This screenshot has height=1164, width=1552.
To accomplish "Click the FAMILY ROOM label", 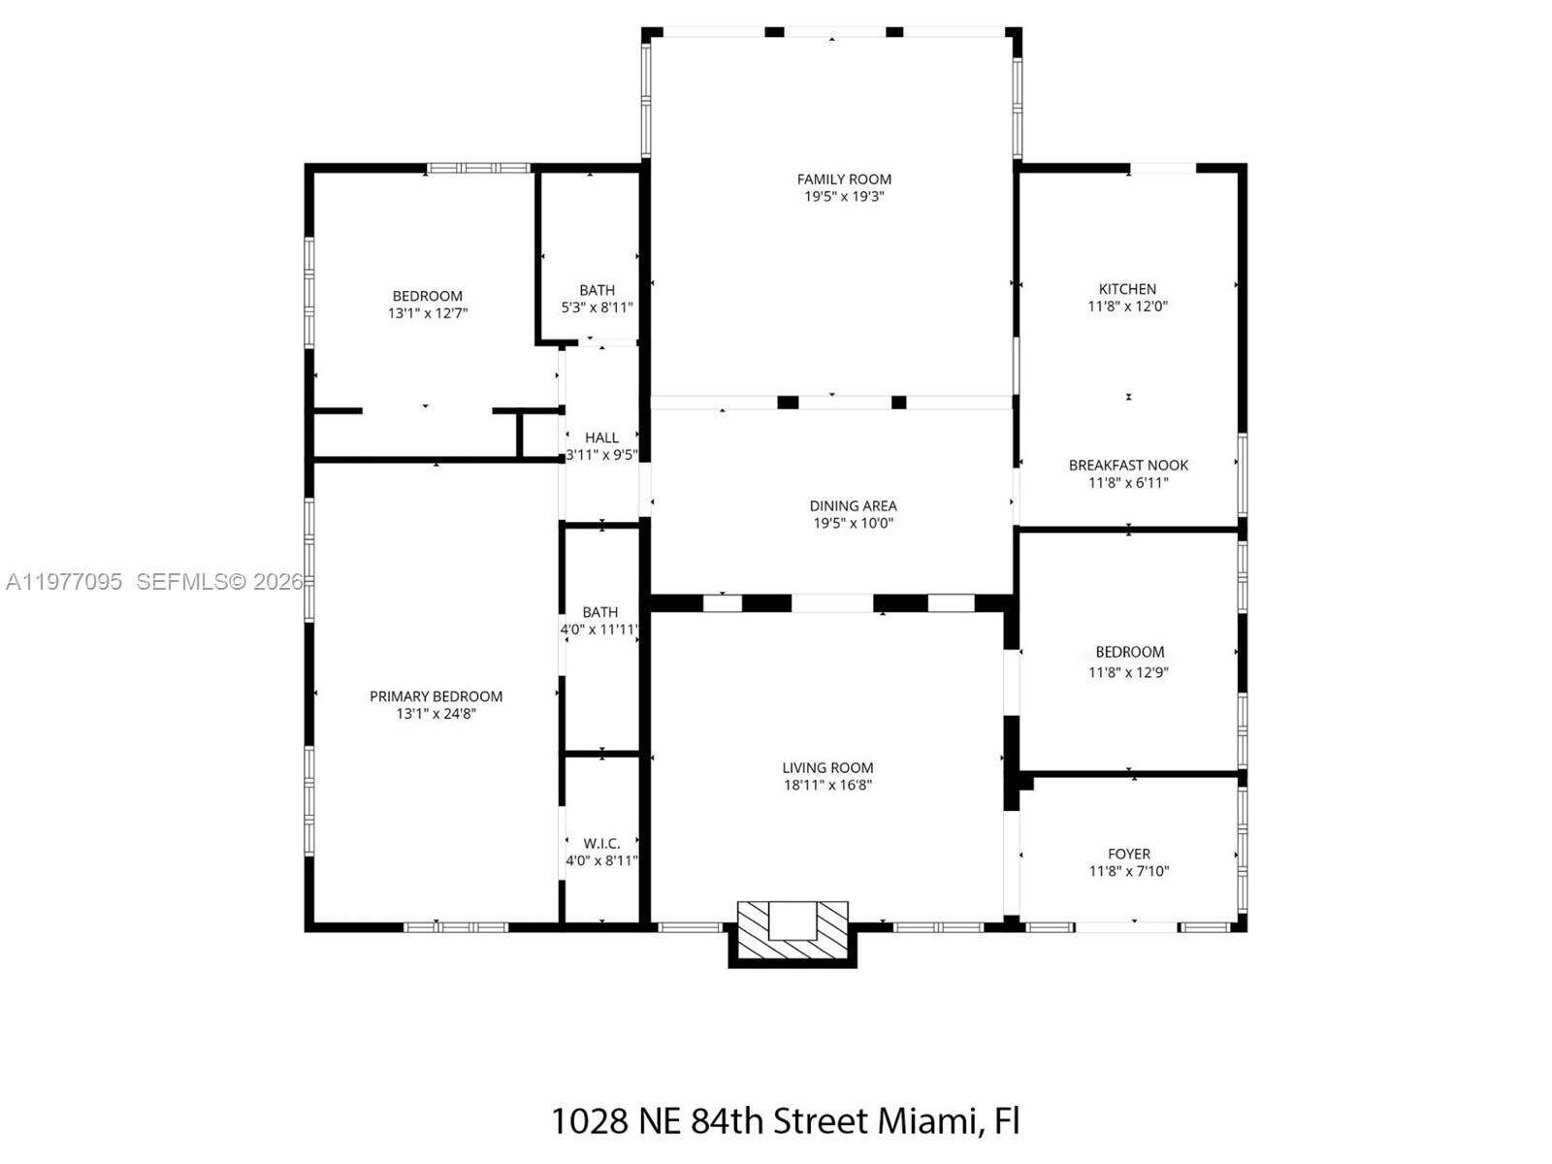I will point(844,179).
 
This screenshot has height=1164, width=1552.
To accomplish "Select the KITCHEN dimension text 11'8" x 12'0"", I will point(1127,307).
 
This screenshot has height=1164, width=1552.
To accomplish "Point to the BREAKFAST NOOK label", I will point(1128,466).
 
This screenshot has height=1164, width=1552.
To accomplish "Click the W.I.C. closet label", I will point(601,844).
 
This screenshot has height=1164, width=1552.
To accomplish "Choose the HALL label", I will point(601,438).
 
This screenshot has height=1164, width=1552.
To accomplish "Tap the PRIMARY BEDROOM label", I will point(436,696).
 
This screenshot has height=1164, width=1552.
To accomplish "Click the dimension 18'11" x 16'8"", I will point(827,786).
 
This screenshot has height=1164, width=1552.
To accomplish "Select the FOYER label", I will point(1129,855).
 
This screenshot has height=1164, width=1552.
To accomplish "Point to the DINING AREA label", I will point(853,506).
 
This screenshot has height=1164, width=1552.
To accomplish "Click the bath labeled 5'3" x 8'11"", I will point(597,290).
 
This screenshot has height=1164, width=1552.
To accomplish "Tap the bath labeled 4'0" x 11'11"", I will point(599,612).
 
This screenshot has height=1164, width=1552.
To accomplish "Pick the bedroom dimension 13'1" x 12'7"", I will point(427,313).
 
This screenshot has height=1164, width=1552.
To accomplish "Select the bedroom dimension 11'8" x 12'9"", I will point(1128,671).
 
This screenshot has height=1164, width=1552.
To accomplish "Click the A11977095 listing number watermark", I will point(64,582).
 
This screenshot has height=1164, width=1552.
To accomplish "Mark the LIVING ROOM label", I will point(827,768).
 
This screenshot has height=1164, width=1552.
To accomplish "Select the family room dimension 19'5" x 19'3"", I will point(844,197).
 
